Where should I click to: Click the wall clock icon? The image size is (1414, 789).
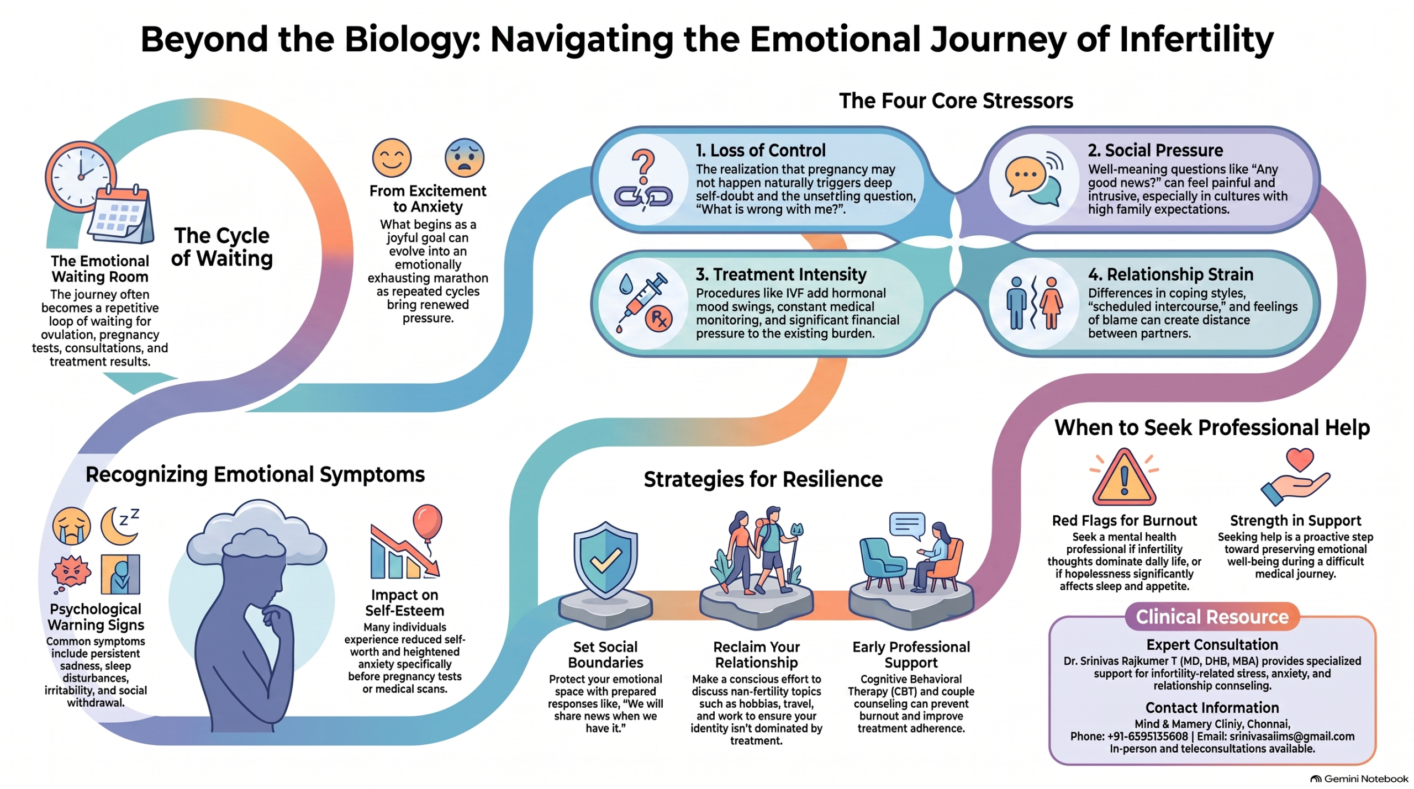81,176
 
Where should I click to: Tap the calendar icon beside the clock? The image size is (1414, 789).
121,214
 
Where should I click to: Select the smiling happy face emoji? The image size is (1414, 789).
392,158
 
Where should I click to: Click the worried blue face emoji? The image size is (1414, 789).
465,158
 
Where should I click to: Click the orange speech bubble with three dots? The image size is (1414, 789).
1025,176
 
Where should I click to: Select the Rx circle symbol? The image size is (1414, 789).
658,319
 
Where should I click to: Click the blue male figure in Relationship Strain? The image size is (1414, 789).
1016,303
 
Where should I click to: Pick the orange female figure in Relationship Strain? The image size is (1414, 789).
1051,303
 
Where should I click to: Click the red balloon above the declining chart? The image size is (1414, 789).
428,522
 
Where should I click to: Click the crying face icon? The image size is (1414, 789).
71,526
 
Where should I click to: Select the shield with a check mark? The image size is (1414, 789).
605,560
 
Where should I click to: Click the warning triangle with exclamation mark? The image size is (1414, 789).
1124,478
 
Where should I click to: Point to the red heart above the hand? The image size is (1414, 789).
1300,459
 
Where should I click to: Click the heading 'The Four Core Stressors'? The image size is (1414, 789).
956,101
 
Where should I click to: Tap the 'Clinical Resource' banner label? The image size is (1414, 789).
1212,616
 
